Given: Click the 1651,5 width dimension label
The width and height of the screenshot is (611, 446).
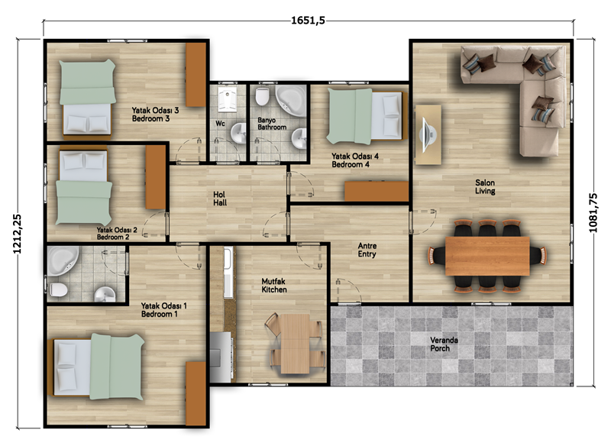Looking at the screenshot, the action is click(x=308, y=21).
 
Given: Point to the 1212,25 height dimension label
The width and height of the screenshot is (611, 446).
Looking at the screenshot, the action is click(x=17, y=234).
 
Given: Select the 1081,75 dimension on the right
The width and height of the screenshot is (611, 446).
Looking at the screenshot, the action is click(x=593, y=212).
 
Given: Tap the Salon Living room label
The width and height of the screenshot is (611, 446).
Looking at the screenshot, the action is click(x=485, y=186).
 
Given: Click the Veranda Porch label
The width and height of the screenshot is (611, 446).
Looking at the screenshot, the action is click(x=444, y=344).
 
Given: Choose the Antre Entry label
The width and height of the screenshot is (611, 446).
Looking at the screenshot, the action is click(x=367, y=250).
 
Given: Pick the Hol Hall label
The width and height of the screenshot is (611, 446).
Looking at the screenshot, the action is click(x=220, y=199).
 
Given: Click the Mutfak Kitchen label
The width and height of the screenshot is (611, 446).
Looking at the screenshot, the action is click(x=274, y=285).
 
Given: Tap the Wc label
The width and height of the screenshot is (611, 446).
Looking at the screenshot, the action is click(x=220, y=124).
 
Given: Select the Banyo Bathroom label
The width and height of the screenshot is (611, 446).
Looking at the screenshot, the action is click(x=272, y=124).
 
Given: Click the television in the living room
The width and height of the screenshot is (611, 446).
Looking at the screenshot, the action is click(x=427, y=134).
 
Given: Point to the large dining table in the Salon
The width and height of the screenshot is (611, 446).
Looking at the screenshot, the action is click(x=487, y=256).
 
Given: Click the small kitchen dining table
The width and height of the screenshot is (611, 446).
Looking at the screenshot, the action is click(x=295, y=344).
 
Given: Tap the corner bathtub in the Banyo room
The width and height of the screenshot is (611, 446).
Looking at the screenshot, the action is click(x=291, y=100).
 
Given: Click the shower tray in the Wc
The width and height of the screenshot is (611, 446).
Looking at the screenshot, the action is click(x=227, y=99).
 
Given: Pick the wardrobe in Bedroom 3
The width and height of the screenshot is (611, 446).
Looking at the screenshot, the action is click(x=196, y=74).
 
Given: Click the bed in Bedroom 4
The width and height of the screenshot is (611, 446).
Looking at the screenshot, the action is click(x=365, y=115).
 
